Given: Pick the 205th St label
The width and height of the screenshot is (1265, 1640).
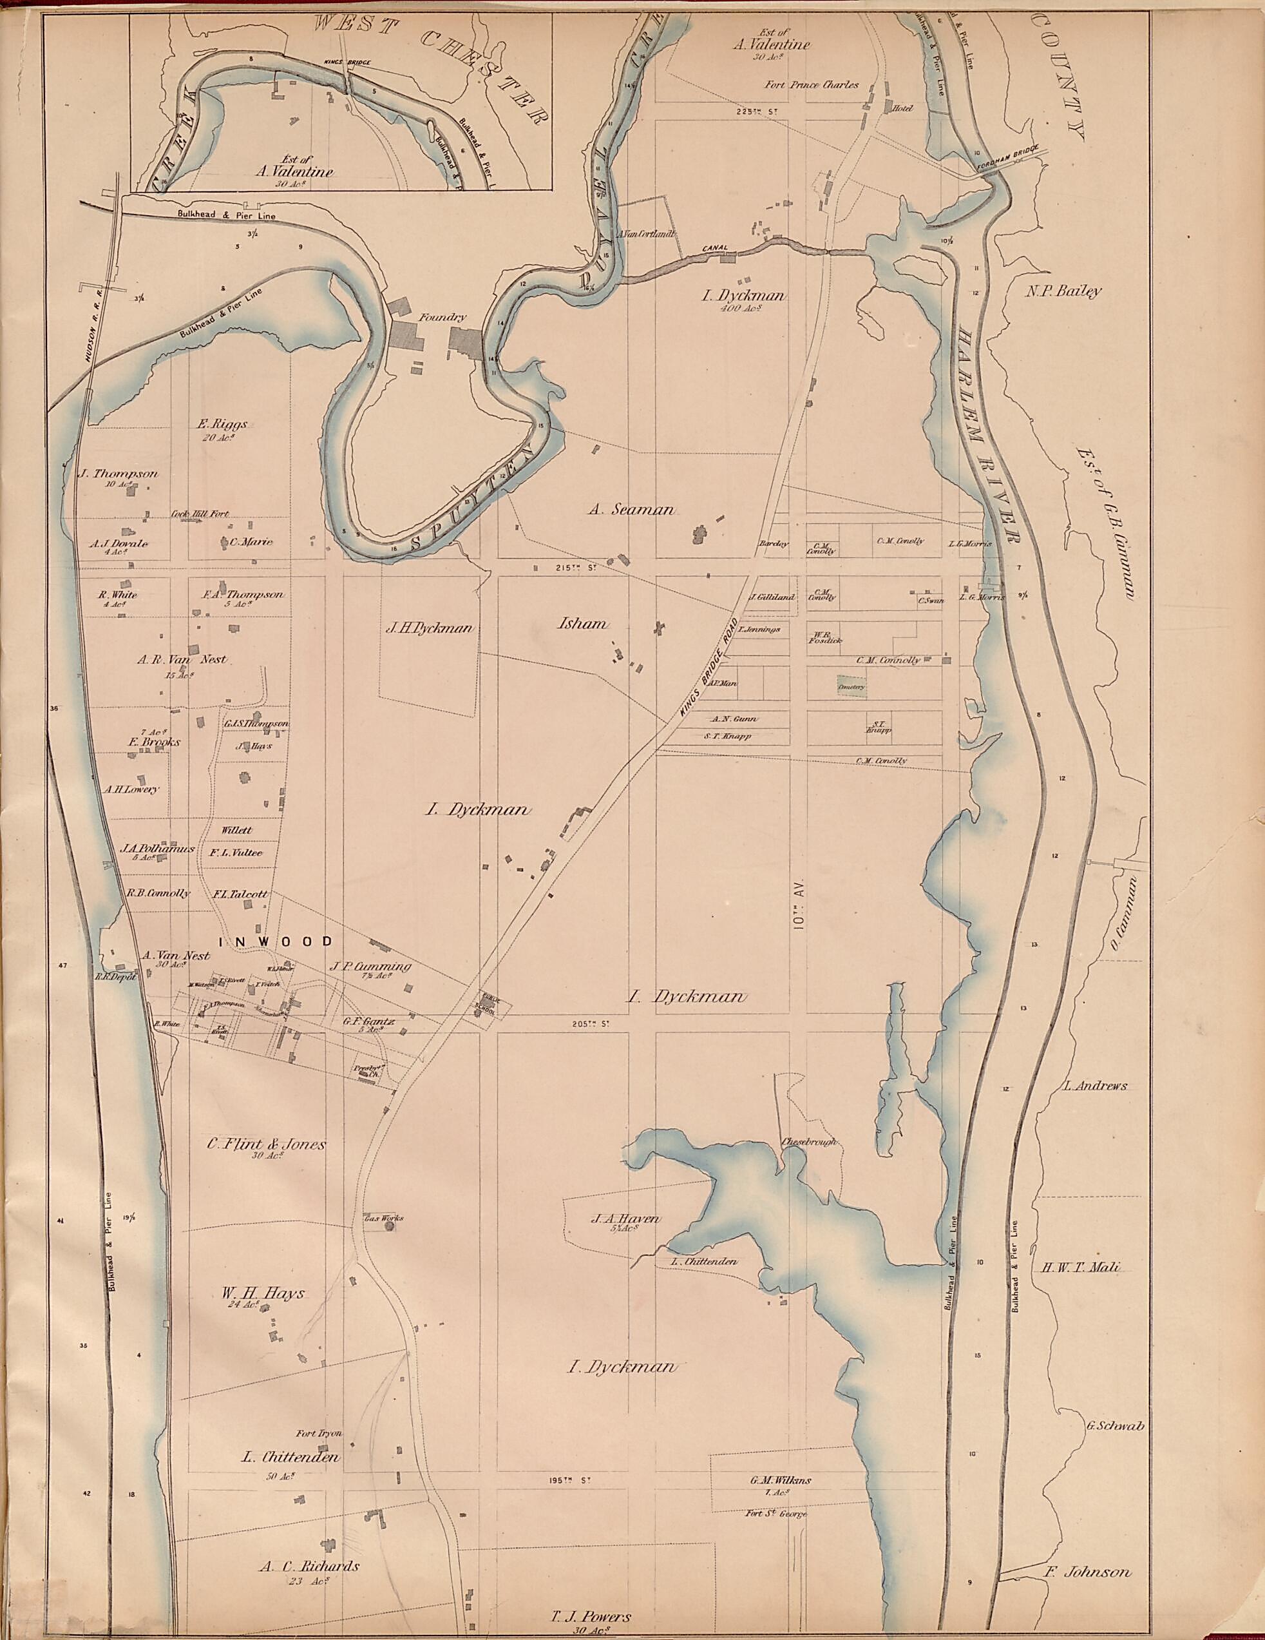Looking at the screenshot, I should click(x=582, y=1023).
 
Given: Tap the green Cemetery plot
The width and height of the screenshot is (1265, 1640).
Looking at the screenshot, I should click(x=851, y=686).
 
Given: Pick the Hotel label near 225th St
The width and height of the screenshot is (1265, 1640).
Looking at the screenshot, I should click(x=902, y=109).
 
